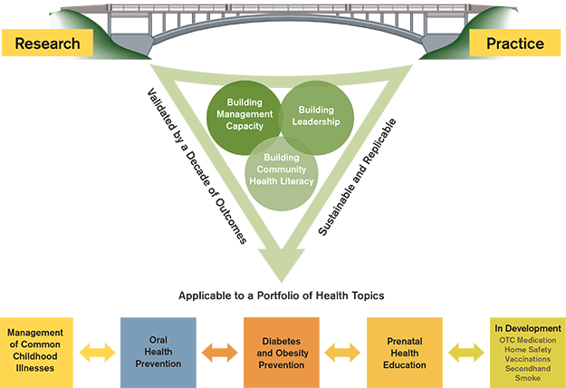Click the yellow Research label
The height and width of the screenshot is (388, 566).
(x=47, y=42)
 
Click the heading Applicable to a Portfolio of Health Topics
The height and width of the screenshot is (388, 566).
(x=281, y=296)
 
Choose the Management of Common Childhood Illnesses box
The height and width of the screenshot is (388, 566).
(x=34, y=349)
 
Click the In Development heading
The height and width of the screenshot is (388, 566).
(x=528, y=327)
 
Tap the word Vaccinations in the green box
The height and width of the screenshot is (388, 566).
(x=528, y=359)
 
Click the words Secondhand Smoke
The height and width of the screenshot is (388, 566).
(x=528, y=373)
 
